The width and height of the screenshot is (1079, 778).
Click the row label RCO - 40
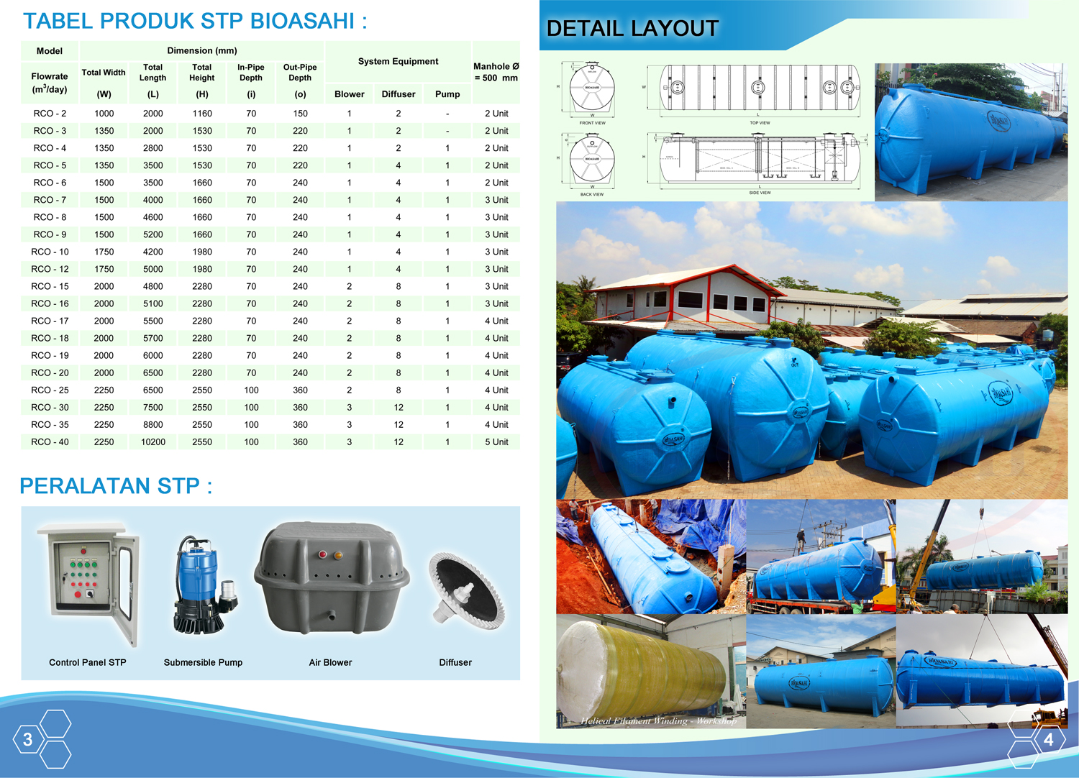[x=50, y=442]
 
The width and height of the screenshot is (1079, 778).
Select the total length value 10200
[x=153, y=442]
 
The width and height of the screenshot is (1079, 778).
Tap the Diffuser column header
[x=399, y=94]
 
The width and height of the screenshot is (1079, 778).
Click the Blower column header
[x=350, y=94]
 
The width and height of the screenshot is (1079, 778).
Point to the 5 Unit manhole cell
[x=496, y=442]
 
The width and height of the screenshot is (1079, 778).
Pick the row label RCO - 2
[x=50, y=114]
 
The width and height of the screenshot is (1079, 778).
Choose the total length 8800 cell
[x=153, y=425]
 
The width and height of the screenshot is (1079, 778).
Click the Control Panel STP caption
[x=88, y=662]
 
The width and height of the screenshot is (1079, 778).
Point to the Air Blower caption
[x=330, y=662]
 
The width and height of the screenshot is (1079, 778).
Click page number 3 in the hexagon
[x=28, y=739]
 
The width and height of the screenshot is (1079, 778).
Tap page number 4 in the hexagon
[x=1048, y=739]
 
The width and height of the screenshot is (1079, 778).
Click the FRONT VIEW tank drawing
[x=592, y=89]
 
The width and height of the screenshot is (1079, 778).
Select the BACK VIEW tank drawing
[x=592, y=160]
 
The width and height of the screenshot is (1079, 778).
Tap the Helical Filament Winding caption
[x=658, y=720]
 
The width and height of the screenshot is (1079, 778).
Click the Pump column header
[x=447, y=94]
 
